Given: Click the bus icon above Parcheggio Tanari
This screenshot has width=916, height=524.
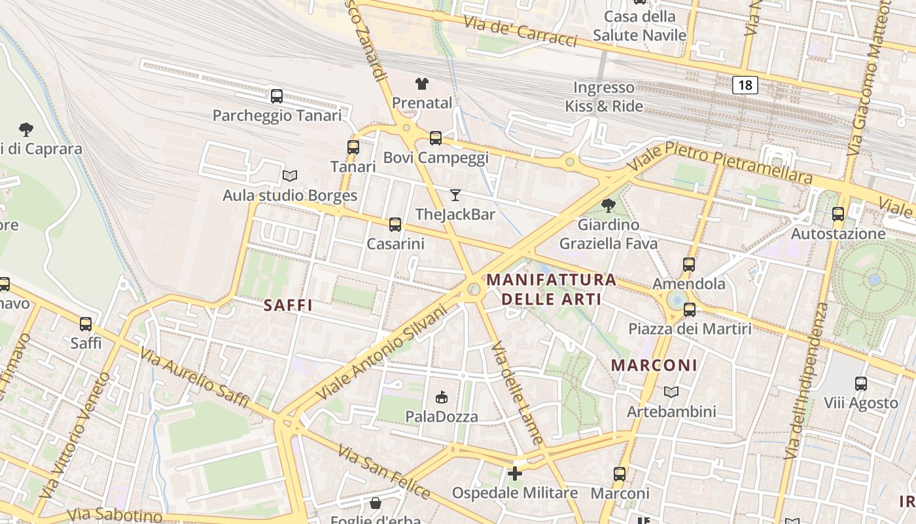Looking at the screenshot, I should [277, 96].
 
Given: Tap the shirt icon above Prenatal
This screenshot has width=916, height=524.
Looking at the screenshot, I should [422, 84].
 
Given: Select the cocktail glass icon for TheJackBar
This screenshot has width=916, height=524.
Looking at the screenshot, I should [455, 195].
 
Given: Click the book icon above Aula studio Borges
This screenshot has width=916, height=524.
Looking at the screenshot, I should [290, 176].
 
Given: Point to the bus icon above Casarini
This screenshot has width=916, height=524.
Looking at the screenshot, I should [395, 225].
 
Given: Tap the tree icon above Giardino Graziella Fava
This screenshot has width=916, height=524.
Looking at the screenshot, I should [608, 206].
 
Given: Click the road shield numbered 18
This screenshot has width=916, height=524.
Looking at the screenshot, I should [745, 84].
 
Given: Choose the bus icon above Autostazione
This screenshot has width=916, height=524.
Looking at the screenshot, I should [838, 214].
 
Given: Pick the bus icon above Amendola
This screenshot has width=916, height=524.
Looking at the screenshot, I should [689, 265].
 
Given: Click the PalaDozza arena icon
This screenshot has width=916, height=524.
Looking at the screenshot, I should [442, 397].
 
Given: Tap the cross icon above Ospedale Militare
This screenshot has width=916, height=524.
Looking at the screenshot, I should [516, 473].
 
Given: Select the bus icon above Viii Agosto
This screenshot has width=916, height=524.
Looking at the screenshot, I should [861, 384].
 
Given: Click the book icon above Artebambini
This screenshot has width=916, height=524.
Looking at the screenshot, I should [671, 392].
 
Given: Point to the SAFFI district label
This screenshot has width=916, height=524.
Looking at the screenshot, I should [288, 305].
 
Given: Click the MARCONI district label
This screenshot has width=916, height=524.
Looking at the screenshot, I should [654, 365].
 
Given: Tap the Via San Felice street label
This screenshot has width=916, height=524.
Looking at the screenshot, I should [384, 472].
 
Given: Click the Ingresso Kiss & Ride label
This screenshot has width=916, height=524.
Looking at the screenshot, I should [604, 97].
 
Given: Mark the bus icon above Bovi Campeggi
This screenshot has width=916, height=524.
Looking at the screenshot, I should [436, 138].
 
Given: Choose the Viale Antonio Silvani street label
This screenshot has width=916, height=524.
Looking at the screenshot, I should [381, 352].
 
